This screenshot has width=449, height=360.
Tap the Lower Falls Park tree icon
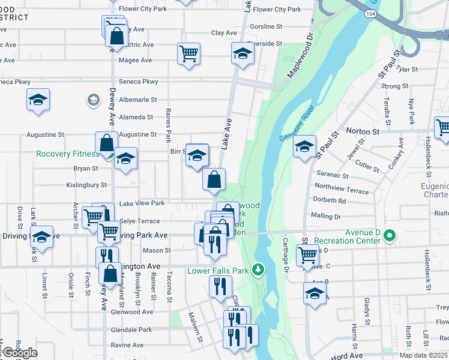pyautogui.click(x=259, y=271)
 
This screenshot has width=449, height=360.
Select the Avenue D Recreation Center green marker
pyautogui.click(x=390, y=236)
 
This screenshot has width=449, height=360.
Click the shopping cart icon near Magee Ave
pyautogui.click(x=189, y=55)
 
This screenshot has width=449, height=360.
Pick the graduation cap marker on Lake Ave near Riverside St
pyautogui.click(x=242, y=55)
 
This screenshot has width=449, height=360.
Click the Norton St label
pyautogui.click(x=363, y=131)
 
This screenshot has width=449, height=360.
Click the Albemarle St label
pyautogui.click(x=137, y=100)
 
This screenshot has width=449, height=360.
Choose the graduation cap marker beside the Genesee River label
pyautogui.click(x=304, y=147)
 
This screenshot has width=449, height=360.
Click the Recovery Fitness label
pyautogui.click(x=68, y=154)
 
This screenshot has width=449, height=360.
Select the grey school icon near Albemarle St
pyautogui.click(x=93, y=100)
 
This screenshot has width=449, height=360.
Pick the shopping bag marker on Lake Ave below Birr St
pyautogui.click(x=214, y=179)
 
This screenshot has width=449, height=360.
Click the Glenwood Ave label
pyautogui.click(x=131, y=312)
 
